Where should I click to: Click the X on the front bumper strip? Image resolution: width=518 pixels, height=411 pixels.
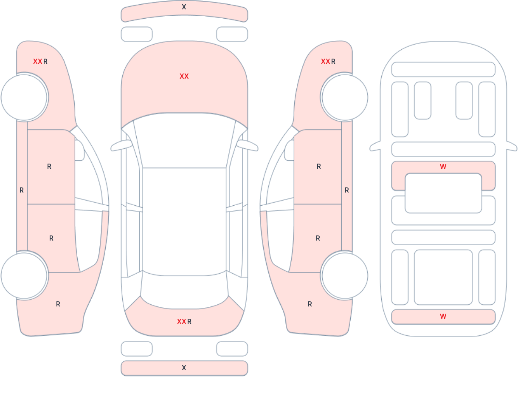pos(184,7)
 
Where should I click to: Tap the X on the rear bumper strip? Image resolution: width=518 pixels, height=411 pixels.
pos(184,368)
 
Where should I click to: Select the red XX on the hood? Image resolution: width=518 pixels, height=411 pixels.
pos(184,77)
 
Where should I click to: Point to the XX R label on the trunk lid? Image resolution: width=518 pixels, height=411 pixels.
pos(184,321)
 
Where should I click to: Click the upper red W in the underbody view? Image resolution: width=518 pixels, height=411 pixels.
pos(443,167)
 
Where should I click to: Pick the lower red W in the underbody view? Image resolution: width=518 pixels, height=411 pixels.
pos(443,316)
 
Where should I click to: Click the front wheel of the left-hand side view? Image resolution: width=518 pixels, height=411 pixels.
pos(24,97)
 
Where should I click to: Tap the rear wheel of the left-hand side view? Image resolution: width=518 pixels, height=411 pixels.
pos(24,275)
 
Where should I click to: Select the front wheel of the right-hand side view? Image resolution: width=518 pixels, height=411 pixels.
pos(345,97)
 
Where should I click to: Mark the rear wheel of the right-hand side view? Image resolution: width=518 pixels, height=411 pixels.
pos(345,275)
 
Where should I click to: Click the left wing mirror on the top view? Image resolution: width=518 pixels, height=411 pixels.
pos(121,145)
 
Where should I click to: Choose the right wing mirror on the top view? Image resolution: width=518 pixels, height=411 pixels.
pos(248,145)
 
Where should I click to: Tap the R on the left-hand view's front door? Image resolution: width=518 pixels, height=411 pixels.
pos(49,166)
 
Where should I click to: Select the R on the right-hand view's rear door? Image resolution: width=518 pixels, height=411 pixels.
pos(318,238)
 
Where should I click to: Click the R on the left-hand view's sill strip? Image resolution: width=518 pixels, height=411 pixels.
pos(22,190)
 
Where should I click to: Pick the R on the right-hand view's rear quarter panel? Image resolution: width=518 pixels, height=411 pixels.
pos(310,304)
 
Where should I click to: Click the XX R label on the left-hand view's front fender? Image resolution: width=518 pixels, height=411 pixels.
pos(40,62)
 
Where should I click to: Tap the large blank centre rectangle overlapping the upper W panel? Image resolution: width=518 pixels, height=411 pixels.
pos(443,193)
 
